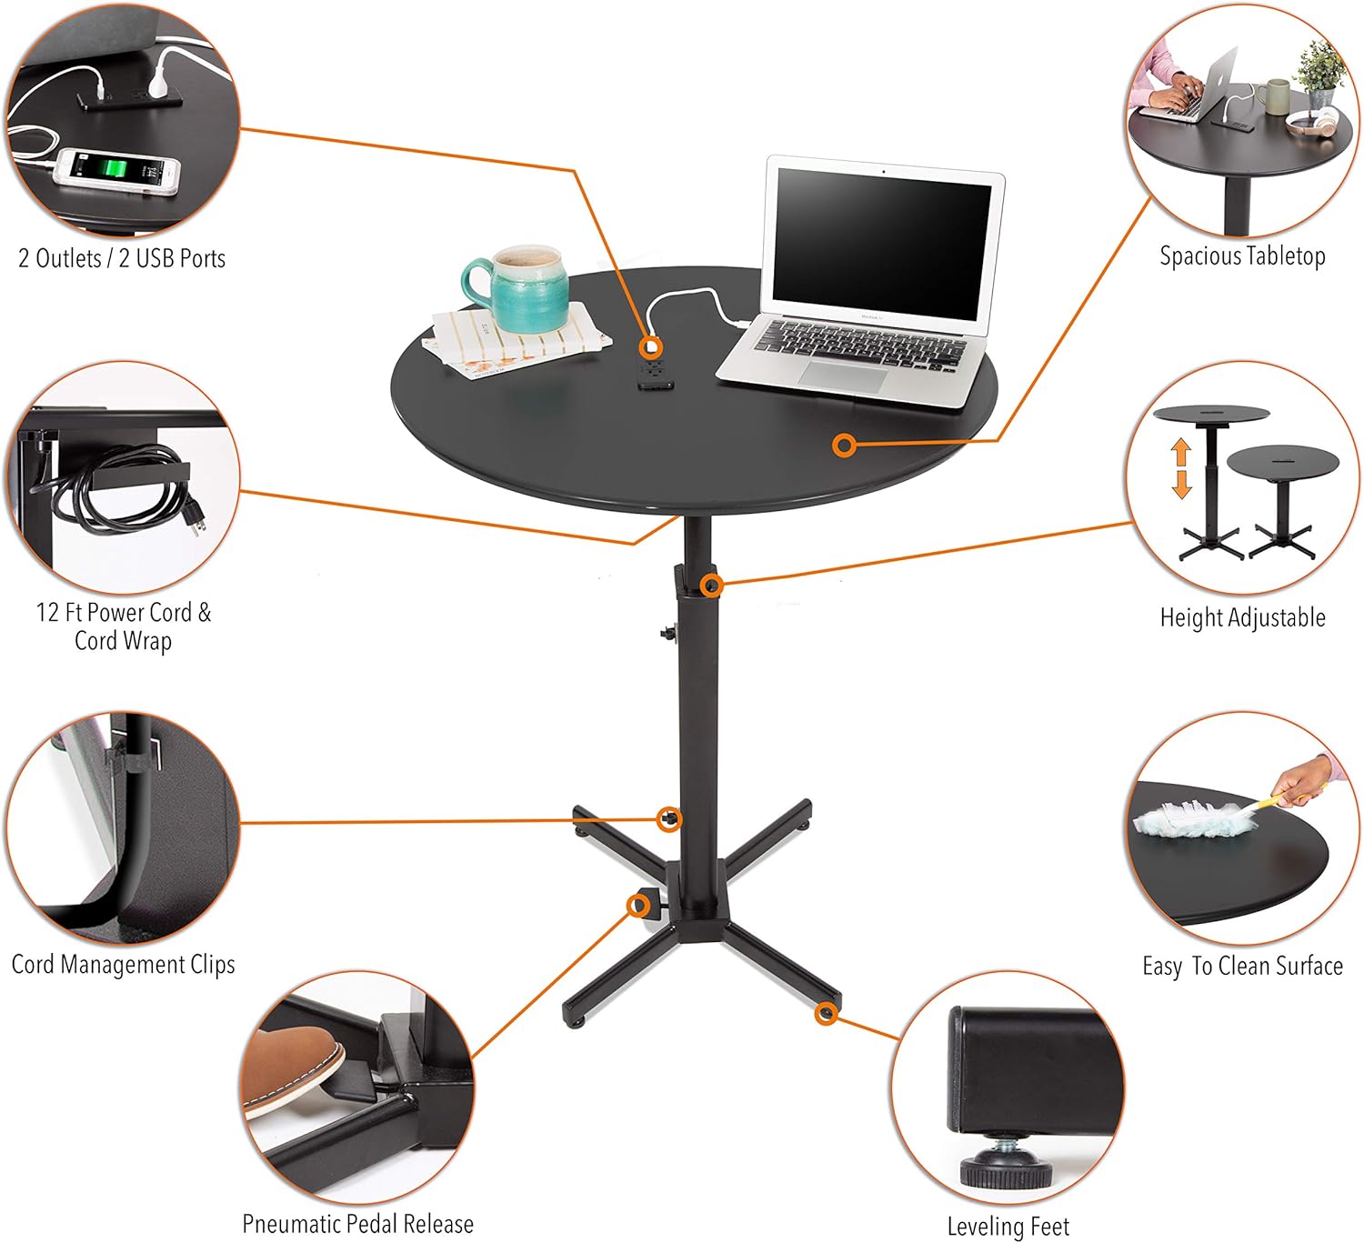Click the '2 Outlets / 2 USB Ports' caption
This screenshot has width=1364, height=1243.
[x=122, y=258]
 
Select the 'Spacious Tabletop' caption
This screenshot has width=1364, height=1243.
[x=1242, y=256]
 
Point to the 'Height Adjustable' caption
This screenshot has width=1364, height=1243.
[x=1242, y=617]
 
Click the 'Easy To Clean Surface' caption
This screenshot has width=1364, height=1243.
[x=1242, y=966]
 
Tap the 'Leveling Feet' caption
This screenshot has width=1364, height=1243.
[x=1008, y=1226]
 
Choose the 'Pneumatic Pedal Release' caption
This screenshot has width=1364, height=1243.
[x=357, y=1223]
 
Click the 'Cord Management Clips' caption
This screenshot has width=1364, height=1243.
[x=123, y=964]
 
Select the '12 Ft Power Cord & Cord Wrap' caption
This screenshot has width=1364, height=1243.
[x=123, y=626]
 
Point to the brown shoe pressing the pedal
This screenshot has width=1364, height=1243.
[x=291, y=1068]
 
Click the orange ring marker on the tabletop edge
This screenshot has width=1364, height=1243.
[x=845, y=446]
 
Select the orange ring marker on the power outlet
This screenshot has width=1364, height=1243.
[x=650, y=346]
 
